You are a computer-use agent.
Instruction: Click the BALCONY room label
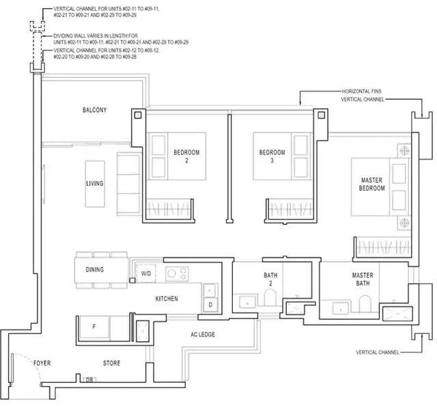[x=94, y=109]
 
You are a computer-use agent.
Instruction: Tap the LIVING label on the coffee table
[x=95, y=183]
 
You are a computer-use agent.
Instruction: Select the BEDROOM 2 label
[x=186, y=157]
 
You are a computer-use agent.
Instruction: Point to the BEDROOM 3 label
[x=272, y=157]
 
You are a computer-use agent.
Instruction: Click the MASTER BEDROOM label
[x=371, y=184]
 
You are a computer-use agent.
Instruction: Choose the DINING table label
[x=95, y=269]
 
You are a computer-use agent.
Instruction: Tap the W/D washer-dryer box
[x=145, y=273]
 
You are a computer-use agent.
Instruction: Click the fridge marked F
[x=94, y=327]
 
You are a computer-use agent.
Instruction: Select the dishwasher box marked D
[x=210, y=305]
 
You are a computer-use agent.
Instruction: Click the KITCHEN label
[x=167, y=299]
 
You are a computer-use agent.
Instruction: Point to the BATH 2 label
[x=270, y=279]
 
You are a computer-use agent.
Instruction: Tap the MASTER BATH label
[x=363, y=279]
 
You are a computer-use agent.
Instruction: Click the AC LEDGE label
[x=203, y=334]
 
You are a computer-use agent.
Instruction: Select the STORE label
[x=111, y=363]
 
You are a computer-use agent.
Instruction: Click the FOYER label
[x=42, y=363]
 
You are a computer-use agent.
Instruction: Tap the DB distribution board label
[x=89, y=380]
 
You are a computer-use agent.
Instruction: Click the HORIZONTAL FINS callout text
[x=362, y=91]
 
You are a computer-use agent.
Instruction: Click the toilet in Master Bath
[x=365, y=303]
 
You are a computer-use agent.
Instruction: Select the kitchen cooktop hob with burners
[x=178, y=273]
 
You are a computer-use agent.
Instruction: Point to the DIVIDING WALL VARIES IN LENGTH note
[x=121, y=39]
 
